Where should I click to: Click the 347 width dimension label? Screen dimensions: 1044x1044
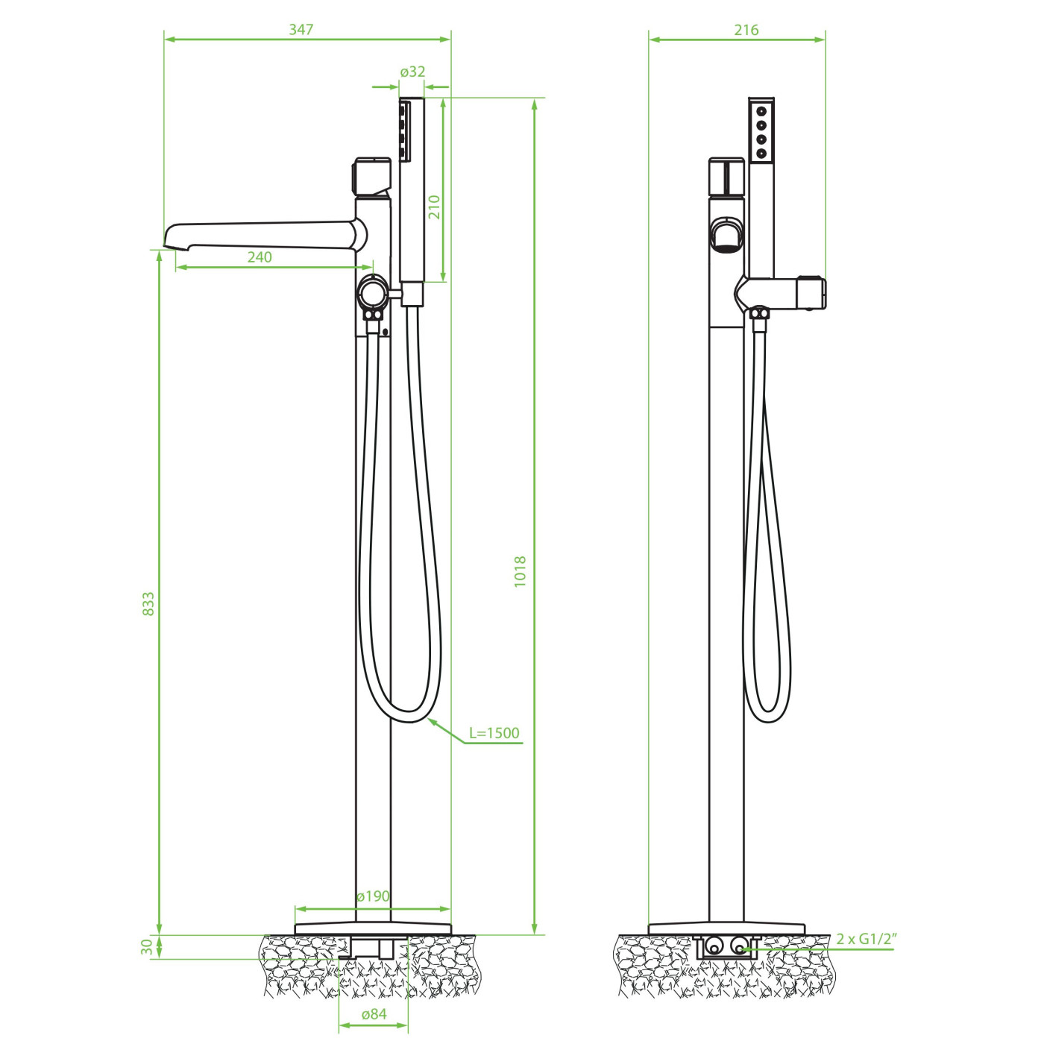pos(301,29)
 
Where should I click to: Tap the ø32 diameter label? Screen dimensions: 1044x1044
pos(412,72)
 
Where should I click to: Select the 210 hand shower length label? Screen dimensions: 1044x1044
pos(435,207)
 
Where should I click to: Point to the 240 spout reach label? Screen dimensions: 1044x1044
pos(260,257)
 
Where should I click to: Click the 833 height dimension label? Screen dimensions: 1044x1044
pos(148,603)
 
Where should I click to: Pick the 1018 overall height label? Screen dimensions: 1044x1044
pos(520,571)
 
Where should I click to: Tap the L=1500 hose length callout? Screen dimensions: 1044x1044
pos(494,733)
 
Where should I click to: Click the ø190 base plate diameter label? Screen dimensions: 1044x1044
pos(374,896)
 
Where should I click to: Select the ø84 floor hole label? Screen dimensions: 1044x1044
pos(374,1014)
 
